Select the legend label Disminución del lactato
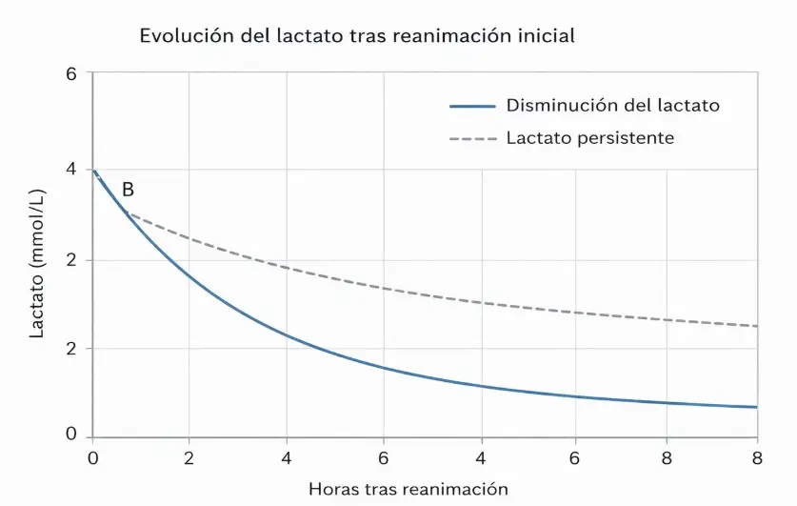612,106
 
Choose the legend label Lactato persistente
589,138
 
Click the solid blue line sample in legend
472,106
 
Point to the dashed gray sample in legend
472,139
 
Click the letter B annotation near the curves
128,190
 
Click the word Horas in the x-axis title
330,489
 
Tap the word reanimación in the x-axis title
457,489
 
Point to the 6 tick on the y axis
71,74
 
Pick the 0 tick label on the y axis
71,435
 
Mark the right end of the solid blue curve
756,407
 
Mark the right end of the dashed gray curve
756,326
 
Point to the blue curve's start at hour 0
93,170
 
